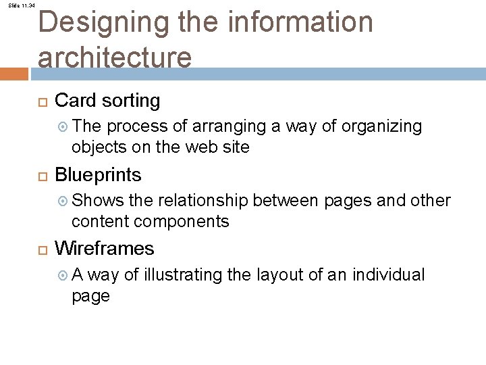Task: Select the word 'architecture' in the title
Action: point(115,57)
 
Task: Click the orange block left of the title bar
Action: point(14,74)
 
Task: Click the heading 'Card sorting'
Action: point(107,101)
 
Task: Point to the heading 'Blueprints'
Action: point(98,175)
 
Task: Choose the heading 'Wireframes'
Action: point(104,249)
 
